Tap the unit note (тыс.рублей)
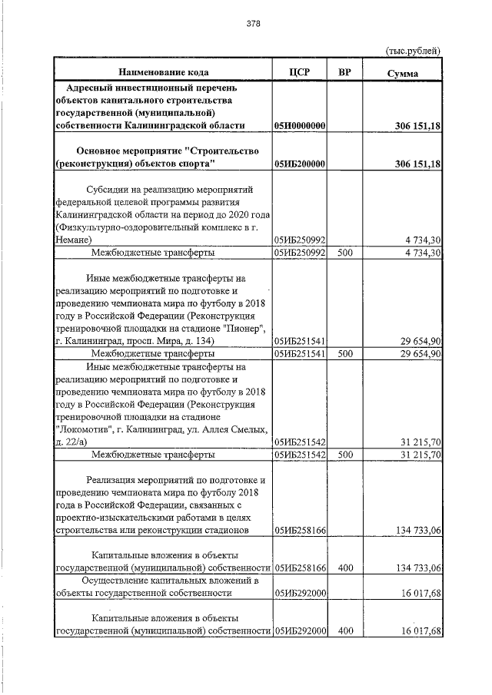click(412, 51)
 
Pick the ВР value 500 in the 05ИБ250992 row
click(345, 251)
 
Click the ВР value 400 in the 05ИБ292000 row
click(345, 631)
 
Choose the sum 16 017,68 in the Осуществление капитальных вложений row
click(419, 593)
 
